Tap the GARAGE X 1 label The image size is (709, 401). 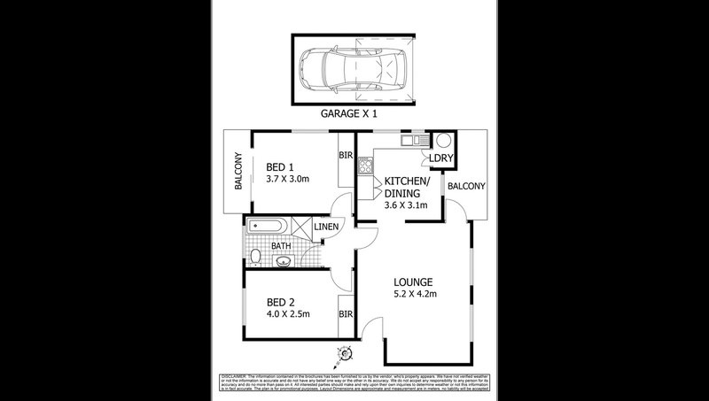pyautogui.click(x=354, y=114)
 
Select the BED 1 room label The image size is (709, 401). pyautogui.click(x=281, y=165)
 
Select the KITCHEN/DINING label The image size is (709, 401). pyautogui.click(x=407, y=187)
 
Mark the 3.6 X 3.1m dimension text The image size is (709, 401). pyautogui.click(x=406, y=205)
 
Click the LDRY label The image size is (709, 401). pyautogui.click(x=440, y=159)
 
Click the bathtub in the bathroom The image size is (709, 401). pyautogui.click(x=270, y=227)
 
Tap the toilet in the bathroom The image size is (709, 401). pyautogui.click(x=254, y=258)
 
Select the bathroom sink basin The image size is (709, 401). pyautogui.click(x=284, y=259)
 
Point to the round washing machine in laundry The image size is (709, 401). pyautogui.click(x=442, y=140)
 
